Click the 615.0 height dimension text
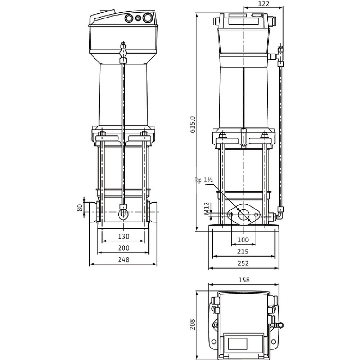coord(192,125)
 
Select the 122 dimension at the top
coord(264,4)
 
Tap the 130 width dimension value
coord(123,236)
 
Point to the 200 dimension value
coord(123,248)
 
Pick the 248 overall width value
coord(123,260)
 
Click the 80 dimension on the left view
coord(80,208)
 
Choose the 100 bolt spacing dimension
coord(243,240)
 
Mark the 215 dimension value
coord(243,252)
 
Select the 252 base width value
coord(243,264)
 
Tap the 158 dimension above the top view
coord(244,280)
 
